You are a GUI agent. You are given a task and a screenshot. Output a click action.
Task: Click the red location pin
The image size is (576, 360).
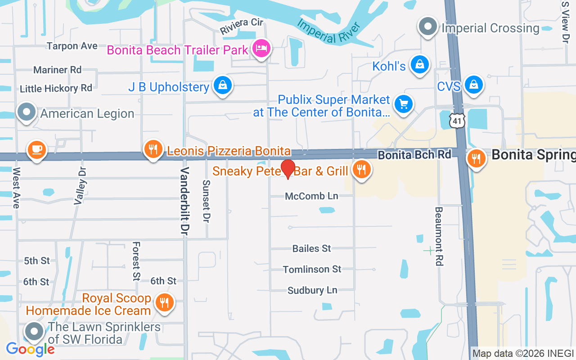coord(288,169)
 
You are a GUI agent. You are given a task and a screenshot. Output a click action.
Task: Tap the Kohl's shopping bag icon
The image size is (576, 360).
coord(419,65)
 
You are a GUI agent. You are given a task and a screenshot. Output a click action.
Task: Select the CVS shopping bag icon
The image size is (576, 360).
coord(473,84)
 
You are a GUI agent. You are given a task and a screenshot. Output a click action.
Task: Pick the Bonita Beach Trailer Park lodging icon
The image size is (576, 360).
coord(261,48)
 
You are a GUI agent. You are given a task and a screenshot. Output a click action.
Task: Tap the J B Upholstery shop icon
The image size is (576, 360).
coord(222,85)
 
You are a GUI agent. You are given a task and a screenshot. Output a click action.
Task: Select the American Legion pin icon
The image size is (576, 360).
coord(27,111)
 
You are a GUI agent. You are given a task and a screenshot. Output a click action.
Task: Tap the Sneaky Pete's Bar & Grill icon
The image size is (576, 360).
coord(361,170)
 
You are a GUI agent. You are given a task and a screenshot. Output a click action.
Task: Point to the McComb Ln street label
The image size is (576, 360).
coord(311,196)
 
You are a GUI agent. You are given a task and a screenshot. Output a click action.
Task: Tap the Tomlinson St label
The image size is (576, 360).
coord(312,269)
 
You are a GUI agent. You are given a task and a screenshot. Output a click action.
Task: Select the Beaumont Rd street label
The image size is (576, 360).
coord(439,236)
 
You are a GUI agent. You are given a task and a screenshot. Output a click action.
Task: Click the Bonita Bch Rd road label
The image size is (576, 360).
coord(414,155)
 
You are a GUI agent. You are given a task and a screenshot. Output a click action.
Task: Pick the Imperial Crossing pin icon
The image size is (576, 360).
coord(427,26)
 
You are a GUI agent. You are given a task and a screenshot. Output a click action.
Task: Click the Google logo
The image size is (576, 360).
coord(30,349)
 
